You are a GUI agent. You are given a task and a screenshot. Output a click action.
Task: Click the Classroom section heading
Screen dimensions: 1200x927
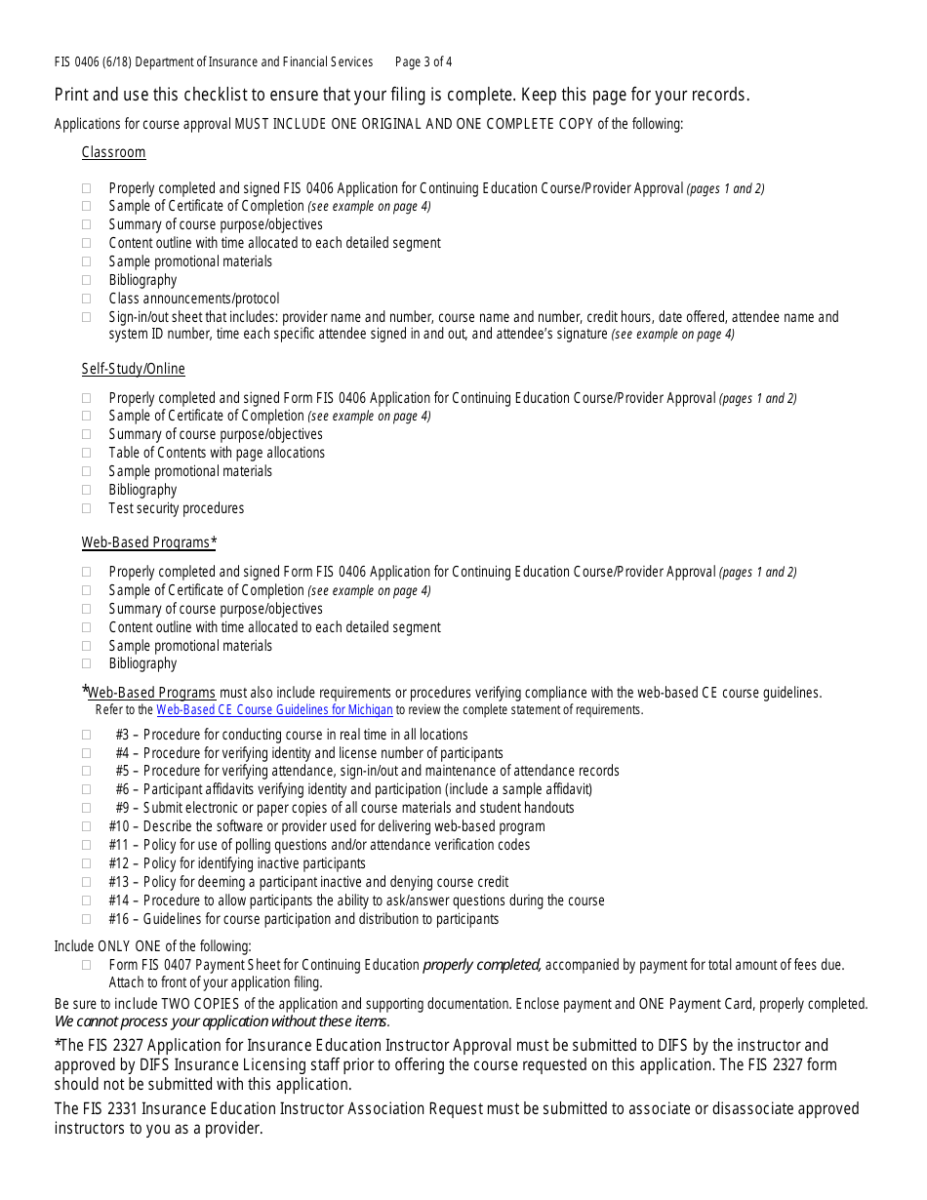tap(113, 152)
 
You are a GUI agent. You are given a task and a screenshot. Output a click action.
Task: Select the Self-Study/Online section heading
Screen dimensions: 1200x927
tap(133, 369)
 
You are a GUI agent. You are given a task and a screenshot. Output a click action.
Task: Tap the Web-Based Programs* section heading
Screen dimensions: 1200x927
tap(148, 542)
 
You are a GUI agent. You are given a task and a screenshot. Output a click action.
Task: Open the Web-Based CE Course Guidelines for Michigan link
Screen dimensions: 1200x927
tap(274, 710)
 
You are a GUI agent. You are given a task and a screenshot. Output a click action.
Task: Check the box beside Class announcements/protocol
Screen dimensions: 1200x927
tap(87, 299)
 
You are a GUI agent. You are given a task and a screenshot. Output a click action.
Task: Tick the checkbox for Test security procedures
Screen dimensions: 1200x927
tap(87, 508)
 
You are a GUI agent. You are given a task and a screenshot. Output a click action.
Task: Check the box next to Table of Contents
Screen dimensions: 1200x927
tap(87, 453)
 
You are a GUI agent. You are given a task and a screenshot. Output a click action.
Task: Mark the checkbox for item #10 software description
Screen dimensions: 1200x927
tap(87, 826)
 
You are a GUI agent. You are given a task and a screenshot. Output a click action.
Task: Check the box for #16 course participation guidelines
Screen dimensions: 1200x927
tap(87, 919)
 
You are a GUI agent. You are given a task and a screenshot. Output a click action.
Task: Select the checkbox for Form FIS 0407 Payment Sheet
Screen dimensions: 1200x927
tap(87, 965)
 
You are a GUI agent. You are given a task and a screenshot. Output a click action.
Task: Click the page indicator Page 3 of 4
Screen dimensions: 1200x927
tap(423, 62)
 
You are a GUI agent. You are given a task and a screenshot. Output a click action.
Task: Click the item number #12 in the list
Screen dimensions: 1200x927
tap(118, 863)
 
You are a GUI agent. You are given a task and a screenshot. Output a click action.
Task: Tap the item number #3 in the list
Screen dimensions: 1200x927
tap(122, 735)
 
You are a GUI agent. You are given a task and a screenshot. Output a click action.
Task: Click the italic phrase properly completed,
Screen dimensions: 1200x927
tap(481, 965)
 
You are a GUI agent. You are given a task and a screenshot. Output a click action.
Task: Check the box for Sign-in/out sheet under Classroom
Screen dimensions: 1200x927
tap(87, 317)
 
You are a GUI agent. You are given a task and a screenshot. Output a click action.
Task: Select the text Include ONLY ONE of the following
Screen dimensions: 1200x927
tap(152, 945)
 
